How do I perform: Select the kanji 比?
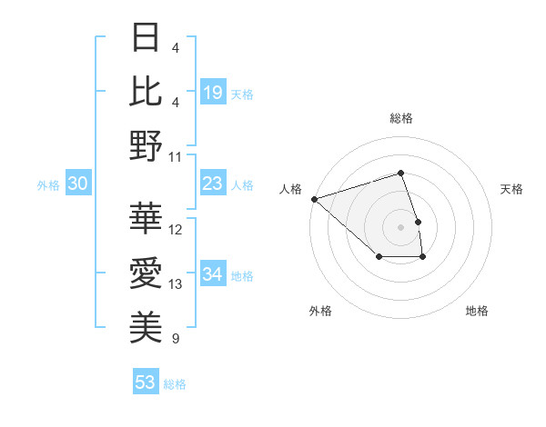[x=146, y=92]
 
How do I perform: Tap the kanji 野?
[x=146, y=146]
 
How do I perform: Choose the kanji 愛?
[x=146, y=273]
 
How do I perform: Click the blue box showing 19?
[x=213, y=92]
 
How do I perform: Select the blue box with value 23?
[x=213, y=184]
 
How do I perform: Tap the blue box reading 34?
[x=213, y=275]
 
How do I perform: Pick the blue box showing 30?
[x=77, y=184]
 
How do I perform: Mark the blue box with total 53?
[x=145, y=382]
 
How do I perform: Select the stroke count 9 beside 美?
[x=175, y=339]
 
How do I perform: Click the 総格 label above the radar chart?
[x=400, y=118]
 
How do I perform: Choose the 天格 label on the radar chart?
[x=512, y=189]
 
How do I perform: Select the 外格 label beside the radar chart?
[x=320, y=311]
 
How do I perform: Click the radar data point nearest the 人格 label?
[x=313, y=199]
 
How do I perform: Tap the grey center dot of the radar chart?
[x=400, y=226]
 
